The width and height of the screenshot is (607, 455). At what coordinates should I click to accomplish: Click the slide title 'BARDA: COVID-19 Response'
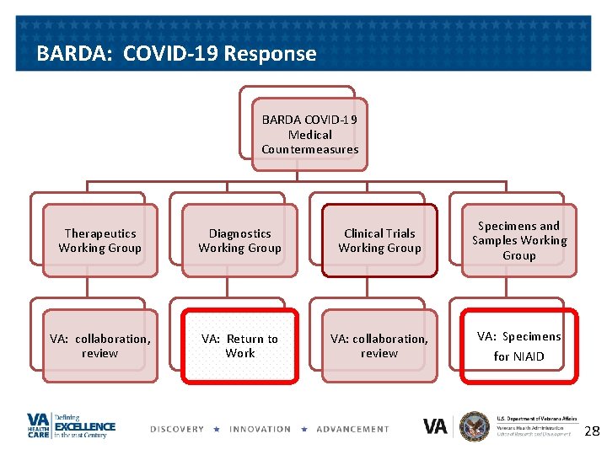click(176, 54)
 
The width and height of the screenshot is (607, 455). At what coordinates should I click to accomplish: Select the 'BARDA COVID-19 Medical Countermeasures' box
click(309, 135)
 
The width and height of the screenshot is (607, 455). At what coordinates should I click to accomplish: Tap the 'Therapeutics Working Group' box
click(99, 240)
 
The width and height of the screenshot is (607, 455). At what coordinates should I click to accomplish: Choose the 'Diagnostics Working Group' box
click(239, 240)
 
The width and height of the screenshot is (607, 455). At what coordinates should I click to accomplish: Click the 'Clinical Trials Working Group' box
click(379, 240)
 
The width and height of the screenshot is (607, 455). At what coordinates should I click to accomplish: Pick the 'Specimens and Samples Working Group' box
click(518, 240)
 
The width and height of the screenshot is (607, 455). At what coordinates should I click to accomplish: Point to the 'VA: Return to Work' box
click(239, 345)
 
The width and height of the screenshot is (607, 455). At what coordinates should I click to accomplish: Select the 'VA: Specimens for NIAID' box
click(518, 345)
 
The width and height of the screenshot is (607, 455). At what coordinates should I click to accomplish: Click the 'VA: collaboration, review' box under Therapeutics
click(99, 345)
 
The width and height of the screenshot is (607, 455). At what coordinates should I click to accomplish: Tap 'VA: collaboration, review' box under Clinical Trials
click(379, 345)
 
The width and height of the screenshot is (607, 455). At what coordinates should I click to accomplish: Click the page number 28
click(592, 431)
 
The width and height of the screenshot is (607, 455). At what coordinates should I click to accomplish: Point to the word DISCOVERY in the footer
click(177, 429)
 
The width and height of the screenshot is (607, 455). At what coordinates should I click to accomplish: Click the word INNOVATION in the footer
click(261, 429)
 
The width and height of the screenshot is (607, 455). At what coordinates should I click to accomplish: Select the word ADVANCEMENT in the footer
click(352, 429)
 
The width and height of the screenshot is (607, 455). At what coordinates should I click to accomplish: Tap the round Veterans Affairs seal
click(475, 426)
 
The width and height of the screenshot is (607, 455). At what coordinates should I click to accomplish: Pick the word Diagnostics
click(239, 233)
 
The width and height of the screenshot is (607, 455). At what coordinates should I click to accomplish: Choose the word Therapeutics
click(99, 233)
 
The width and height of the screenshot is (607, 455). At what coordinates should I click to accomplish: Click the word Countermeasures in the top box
click(309, 149)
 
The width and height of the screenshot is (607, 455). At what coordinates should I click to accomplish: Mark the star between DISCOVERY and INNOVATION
click(217, 429)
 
